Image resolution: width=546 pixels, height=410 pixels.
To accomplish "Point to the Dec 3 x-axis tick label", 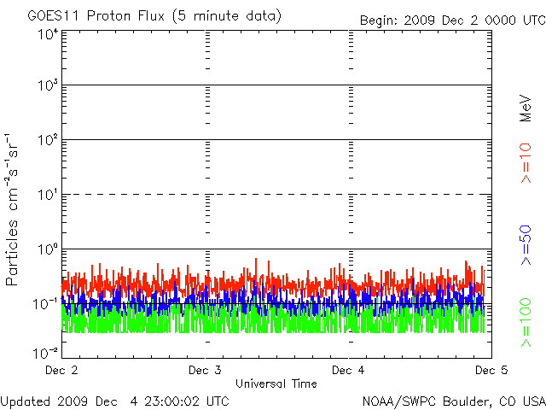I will click(x=205, y=371).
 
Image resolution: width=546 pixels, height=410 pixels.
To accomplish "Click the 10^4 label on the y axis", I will click(x=48, y=35).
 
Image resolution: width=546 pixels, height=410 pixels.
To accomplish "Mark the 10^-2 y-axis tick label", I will click(x=46, y=352).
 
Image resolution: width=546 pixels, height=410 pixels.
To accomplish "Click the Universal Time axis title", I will click(x=276, y=384).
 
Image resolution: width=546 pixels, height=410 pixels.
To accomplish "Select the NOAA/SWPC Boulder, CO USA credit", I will click(x=453, y=401).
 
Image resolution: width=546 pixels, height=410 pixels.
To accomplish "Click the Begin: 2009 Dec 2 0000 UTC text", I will click(x=450, y=19).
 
